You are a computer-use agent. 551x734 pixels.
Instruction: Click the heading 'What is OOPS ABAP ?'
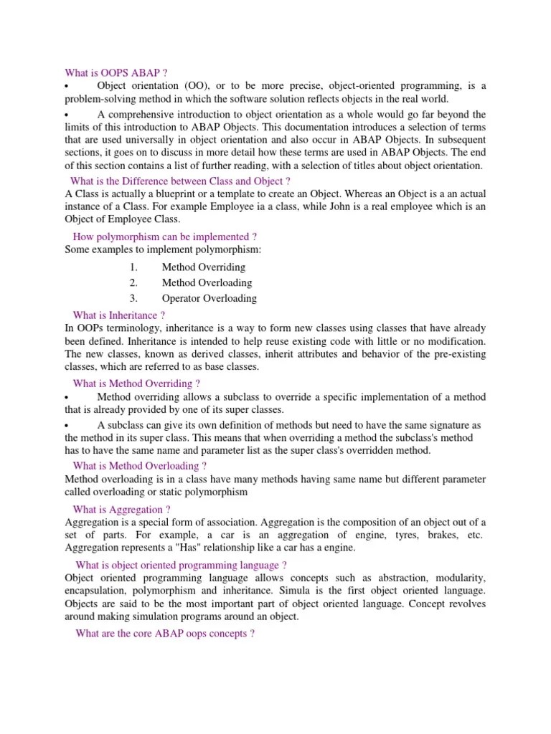[x=116, y=72]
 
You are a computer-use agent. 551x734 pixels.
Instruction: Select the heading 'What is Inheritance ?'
[x=119, y=315]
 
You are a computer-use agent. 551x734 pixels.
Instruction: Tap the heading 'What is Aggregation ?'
[x=121, y=510]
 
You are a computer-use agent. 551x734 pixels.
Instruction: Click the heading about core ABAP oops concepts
[x=165, y=634]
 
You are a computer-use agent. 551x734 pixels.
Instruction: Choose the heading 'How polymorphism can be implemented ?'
[x=165, y=237]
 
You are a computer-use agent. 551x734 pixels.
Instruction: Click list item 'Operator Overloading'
[x=209, y=298]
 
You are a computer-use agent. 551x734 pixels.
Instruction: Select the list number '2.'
[x=133, y=282]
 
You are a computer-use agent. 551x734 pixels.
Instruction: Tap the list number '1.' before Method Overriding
[x=133, y=267]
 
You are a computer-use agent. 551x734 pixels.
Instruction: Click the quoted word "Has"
[x=195, y=548]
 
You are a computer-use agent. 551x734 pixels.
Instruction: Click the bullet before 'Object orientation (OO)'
[x=67, y=87]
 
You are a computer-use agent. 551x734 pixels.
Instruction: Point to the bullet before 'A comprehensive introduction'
[x=67, y=115]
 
